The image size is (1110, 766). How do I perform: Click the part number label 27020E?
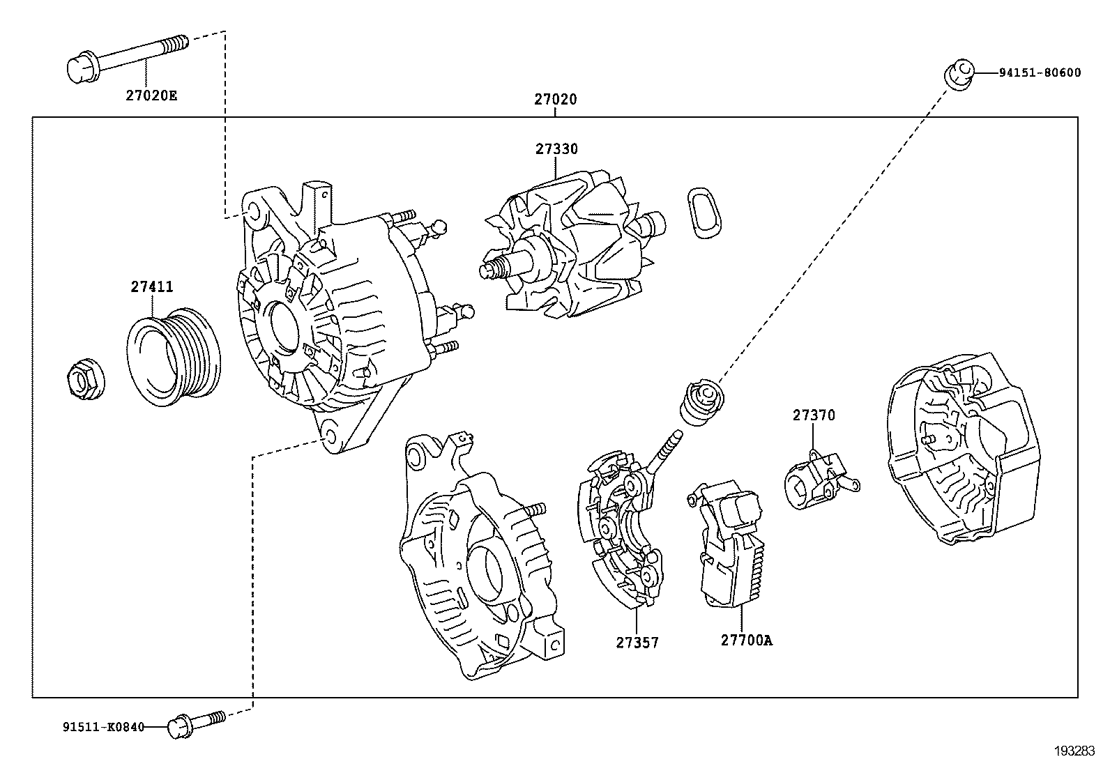151,95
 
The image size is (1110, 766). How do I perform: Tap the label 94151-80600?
1038,72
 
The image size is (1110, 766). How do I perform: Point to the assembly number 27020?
556,100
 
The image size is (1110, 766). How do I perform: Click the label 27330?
556,149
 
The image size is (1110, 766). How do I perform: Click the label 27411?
151,286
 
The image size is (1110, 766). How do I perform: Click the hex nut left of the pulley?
84,379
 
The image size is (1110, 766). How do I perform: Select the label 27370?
813,415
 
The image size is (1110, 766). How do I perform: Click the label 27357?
637,642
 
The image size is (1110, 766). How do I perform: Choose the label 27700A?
746,640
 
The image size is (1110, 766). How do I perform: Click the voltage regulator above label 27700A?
729,544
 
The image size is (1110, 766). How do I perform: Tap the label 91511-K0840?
102,728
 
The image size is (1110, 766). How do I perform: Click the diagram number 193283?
1073,751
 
